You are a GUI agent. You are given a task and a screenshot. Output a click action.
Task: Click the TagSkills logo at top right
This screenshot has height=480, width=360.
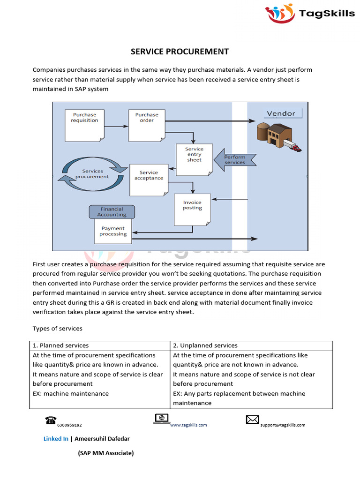click(x=310, y=13)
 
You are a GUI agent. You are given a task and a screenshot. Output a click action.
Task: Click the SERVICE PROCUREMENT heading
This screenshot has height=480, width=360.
click(x=180, y=52)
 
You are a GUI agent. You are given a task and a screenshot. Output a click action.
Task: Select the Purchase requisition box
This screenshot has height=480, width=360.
click(x=85, y=124)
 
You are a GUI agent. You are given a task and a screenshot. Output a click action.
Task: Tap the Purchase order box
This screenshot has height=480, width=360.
click(x=147, y=124)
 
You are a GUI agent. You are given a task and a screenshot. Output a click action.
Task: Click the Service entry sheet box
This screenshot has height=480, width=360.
click(x=194, y=158)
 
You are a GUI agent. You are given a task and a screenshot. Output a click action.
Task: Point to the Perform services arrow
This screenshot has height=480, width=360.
click(x=235, y=160)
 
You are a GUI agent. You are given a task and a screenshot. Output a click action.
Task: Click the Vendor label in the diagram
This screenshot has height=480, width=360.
click(x=281, y=113)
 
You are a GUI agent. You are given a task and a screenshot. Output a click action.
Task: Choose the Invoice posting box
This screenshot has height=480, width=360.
click(x=192, y=208)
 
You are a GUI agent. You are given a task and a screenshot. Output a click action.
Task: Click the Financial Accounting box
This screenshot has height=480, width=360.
click(x=112, y=212)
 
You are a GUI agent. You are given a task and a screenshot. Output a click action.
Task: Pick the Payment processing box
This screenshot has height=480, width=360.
click(x=113, y=231)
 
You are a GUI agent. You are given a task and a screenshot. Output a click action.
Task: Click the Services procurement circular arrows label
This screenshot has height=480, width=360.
click(x=92, y=174)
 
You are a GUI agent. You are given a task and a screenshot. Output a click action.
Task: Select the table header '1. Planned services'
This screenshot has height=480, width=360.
click(x=60, y=345)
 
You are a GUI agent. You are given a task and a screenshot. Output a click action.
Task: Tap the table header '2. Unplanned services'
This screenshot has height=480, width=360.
click(x=205, y=345)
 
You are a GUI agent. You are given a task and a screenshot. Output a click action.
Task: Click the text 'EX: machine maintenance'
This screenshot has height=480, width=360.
click(x=71, y=394)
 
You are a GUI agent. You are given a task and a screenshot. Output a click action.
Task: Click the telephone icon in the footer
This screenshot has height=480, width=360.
click(x=51, y=420)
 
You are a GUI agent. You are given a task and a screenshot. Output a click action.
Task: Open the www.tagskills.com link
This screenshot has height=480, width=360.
click(x=188, y=425)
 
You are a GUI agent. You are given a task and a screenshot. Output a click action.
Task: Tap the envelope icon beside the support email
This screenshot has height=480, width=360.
click(x=253, y=420)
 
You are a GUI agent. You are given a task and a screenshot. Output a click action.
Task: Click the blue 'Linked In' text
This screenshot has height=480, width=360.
click(x=56, y=439)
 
